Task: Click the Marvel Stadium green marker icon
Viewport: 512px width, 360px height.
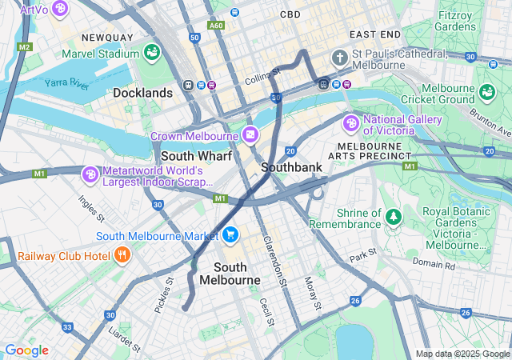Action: point(151,52)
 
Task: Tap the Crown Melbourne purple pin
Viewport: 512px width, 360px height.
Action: point(250,134)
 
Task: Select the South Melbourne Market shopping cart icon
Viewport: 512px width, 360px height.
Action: point(230,234)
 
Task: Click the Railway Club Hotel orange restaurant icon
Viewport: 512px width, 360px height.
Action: point(122,256)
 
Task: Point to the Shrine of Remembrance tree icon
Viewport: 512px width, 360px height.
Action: point(393,216)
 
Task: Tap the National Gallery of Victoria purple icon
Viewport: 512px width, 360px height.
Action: point(350,124)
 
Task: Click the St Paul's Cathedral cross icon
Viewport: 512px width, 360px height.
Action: point(340,58)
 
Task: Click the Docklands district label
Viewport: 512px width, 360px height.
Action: point(142,93)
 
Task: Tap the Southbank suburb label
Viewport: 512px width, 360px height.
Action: point(291,166)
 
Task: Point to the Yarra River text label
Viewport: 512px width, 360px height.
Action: point(67,82)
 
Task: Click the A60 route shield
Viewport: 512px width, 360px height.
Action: point(216,25)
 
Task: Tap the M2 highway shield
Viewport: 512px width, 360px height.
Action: point(24,47)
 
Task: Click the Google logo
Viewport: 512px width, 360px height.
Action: point(26,350)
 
